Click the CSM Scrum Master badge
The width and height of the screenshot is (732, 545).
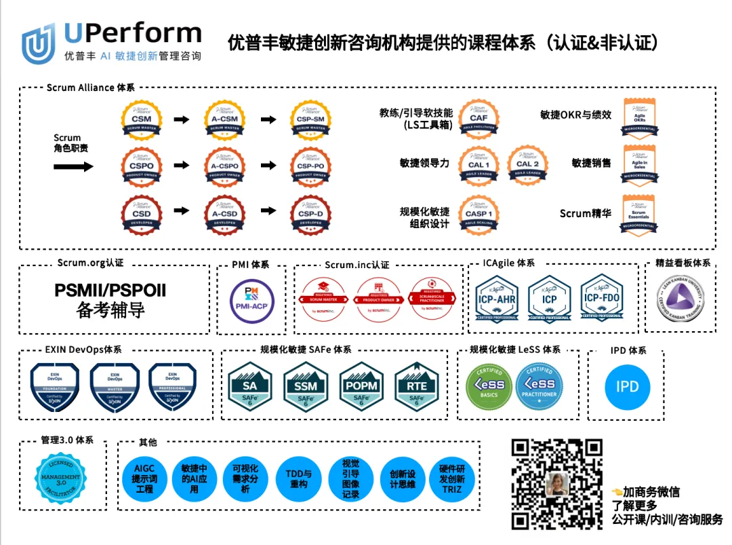142,120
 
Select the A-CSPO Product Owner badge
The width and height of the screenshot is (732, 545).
225,166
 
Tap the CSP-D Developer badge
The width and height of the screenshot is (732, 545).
310,214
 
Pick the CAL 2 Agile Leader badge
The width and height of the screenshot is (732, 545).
528,165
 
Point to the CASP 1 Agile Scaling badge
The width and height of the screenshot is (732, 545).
479,214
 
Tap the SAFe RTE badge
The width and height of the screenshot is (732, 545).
416,385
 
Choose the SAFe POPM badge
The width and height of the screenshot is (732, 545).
361,385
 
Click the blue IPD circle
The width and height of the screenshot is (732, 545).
627,387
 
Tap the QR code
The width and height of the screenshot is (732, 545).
556,484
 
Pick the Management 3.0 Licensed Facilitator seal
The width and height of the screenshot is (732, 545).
64,477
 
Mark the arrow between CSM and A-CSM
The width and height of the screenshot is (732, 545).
182,119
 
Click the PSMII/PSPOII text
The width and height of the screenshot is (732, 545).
110,291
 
